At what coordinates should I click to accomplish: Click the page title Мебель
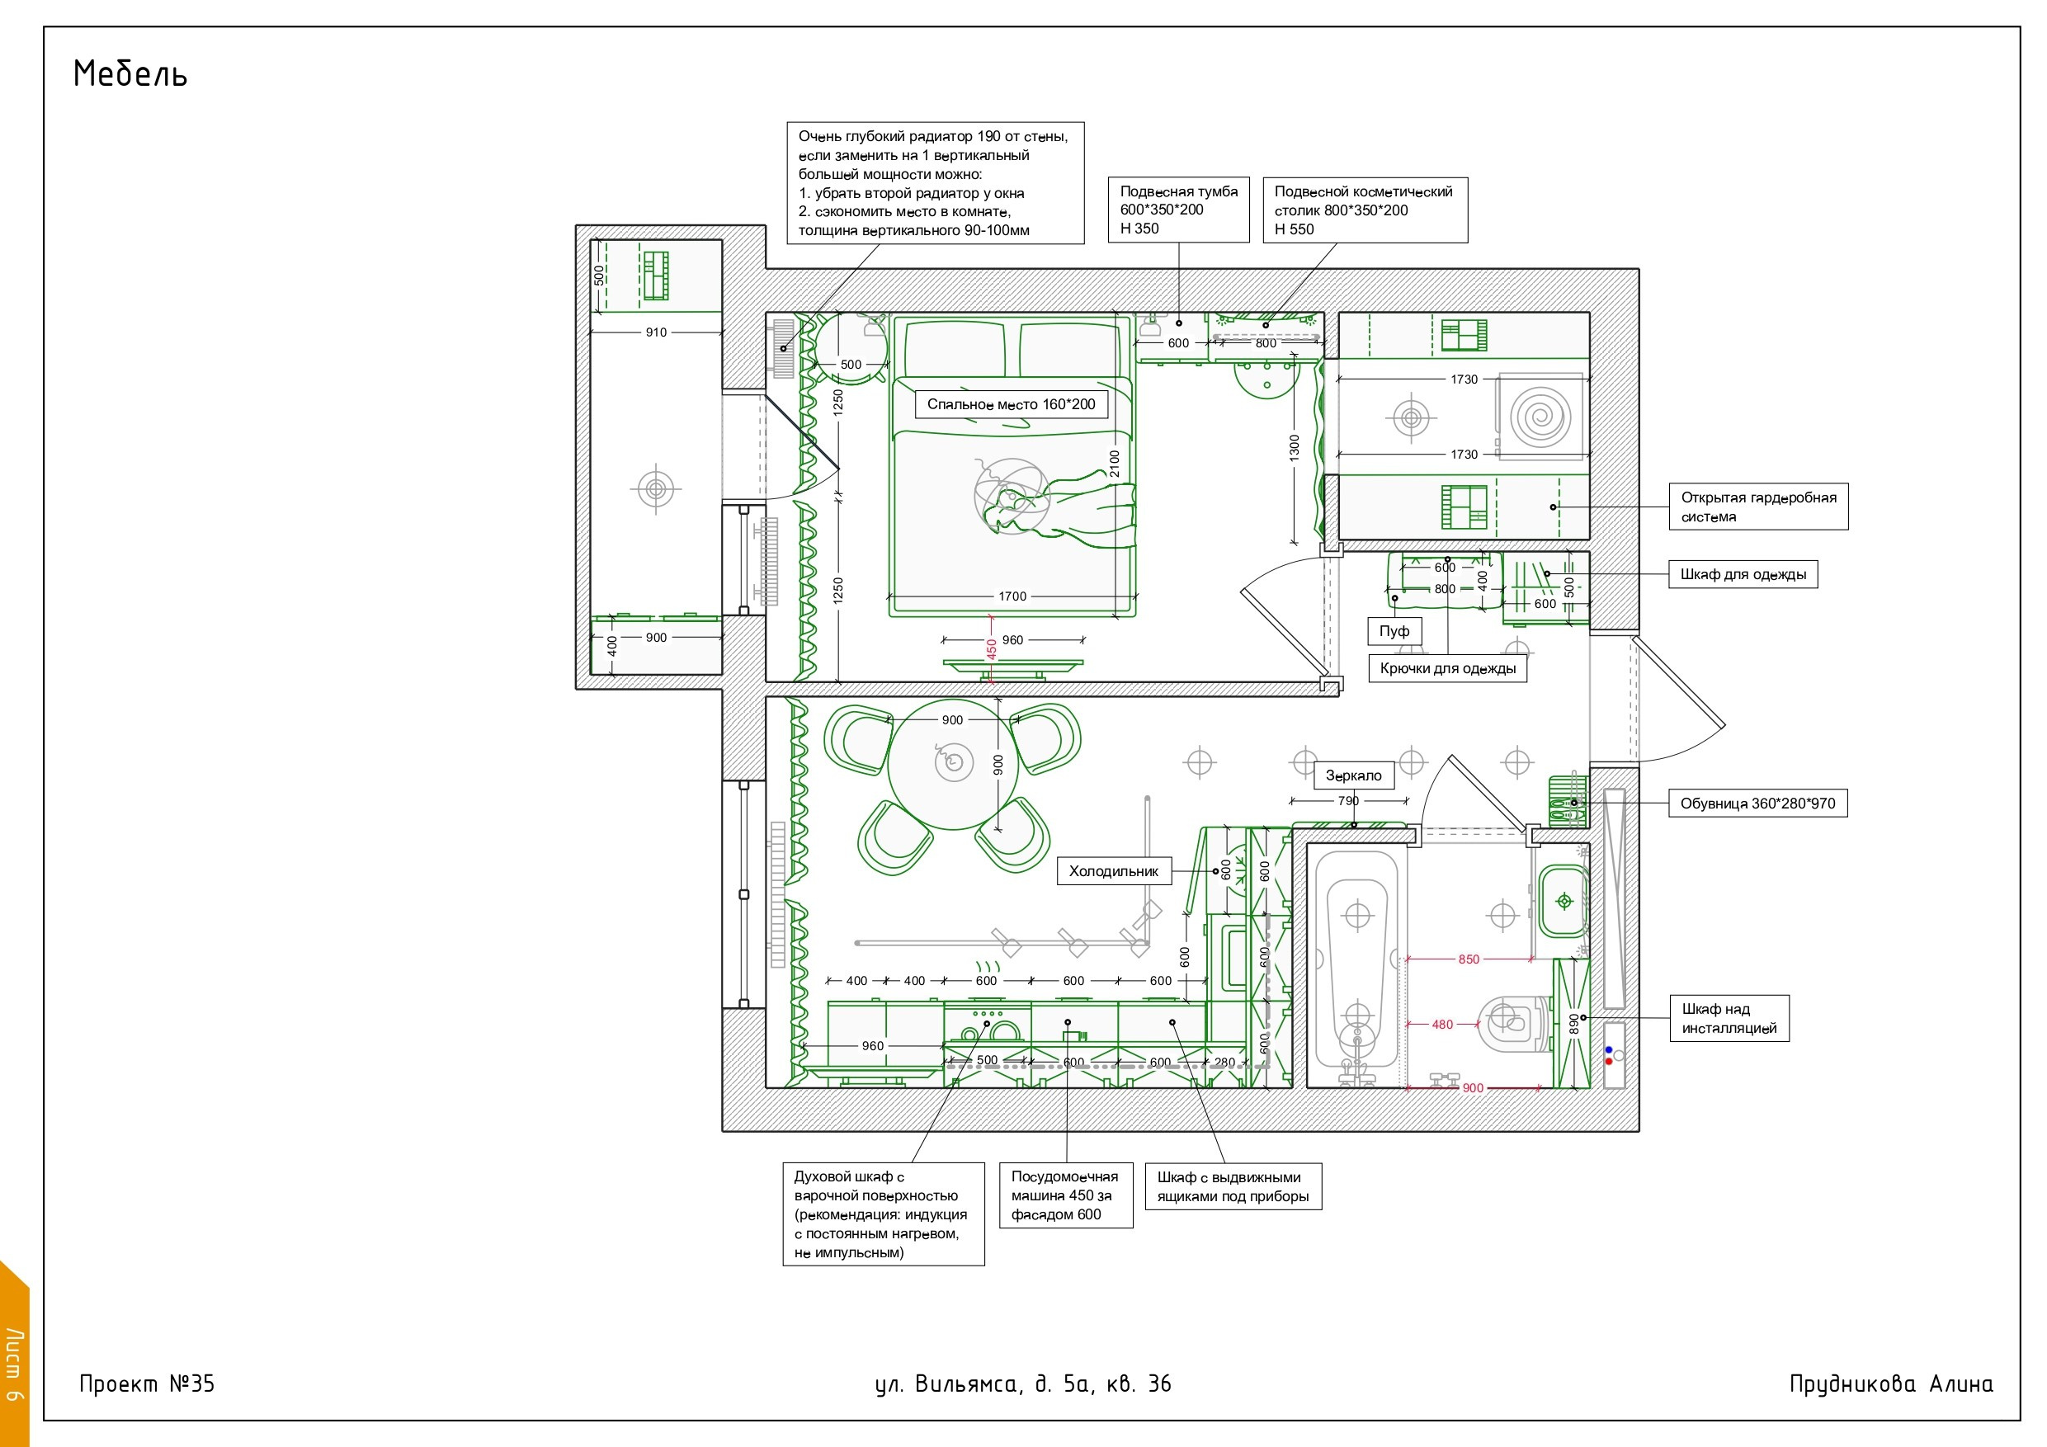130,74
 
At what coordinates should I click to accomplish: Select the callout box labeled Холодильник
1114,871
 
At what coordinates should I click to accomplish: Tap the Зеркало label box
1353,775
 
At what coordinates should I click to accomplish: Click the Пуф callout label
1394,631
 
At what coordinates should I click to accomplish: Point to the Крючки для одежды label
1448,669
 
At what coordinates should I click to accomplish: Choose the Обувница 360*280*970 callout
1757,804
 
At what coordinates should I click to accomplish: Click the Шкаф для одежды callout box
1743,574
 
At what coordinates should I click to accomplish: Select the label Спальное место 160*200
1011,404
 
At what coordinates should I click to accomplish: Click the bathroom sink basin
1563,901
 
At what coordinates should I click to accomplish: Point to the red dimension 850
1469,959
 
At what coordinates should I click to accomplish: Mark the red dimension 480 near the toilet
1442,1025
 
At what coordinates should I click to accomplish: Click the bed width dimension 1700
1012,596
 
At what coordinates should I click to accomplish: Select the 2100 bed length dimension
1115,464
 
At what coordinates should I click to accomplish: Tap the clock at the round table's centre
954,762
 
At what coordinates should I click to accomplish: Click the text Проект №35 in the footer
147,1383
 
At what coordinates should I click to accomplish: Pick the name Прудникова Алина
1891,1383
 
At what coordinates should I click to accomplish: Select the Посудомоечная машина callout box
1066,1195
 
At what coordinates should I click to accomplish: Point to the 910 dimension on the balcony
656,332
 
